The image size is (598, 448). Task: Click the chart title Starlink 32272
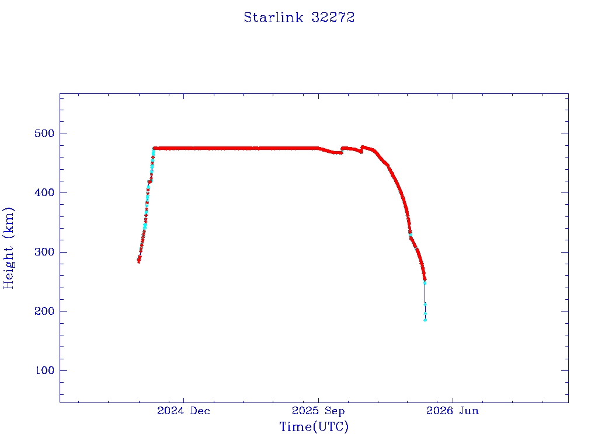coord(299,17)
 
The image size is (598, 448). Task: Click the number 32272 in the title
coord(333,17)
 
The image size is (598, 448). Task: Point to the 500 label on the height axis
coord(44,134)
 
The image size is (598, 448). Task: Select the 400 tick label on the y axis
coord(44,192)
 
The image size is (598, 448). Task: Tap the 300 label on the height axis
coord(44,252)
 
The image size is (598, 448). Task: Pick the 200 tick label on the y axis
coord(44,311)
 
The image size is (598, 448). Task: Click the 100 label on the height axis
coord(44,370)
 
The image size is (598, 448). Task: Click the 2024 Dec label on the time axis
coord(183,411)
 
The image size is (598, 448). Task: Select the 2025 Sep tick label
coord(318,411)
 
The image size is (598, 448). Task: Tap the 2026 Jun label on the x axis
coord(453,411)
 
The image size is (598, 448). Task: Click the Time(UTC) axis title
coord(314,426)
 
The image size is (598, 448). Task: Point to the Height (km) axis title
coord(8,248)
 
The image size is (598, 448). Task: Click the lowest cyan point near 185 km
coord(425,320)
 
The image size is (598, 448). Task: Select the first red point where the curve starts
coord(138,261)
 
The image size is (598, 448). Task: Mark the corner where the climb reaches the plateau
coord(154,148)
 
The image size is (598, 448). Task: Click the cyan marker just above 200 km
coord(425,304)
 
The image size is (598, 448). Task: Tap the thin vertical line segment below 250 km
coord(425,293)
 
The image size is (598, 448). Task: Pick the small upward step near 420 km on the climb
coord(149,182)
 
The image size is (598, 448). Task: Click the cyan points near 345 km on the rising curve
coord(145,226)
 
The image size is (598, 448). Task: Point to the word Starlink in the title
coord(273,17)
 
